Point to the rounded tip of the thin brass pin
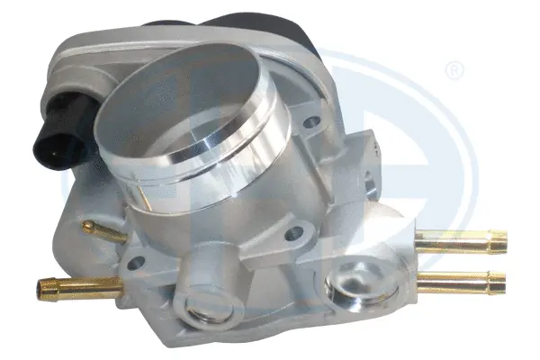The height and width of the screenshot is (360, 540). [x=83, y=224]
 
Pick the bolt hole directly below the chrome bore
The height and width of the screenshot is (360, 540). [x=293, y=235]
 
